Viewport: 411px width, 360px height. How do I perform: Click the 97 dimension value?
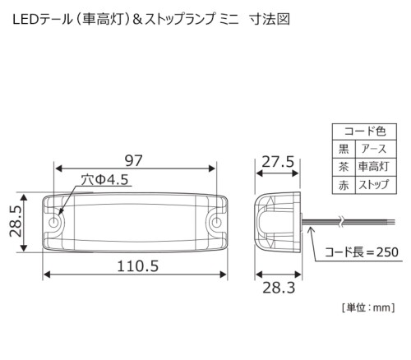[x=134, y=160]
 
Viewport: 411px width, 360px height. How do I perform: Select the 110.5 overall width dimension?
[x=138, y=266]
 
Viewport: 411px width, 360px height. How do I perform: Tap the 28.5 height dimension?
[x=16, y=221]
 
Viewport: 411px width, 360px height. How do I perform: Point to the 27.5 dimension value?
[x=278, y=162]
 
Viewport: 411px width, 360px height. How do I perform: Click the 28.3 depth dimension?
[x=279, y=288]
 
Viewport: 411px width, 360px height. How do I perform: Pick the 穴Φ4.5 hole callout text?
[x=104, y=180]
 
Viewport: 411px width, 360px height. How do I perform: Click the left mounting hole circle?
[x=54, y=222]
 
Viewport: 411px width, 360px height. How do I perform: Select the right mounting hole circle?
[x=216, y=222]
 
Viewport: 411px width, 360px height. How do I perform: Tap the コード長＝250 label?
[x=362, y=252]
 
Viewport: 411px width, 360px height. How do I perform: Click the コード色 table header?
[x=365, y=132]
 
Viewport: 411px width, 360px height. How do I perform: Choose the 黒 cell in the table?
[x=344, y=149]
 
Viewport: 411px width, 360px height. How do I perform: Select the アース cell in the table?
[x=373, y=149]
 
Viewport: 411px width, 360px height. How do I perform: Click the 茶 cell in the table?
[x=344, y=167]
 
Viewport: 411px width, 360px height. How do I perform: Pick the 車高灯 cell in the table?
[x=373, y=167]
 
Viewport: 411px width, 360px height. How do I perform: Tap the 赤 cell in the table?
[x=344, y=186]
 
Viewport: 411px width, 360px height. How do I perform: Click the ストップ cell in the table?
[x=374, y=185]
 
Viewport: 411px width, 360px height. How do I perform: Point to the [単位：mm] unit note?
[x=368, y=307]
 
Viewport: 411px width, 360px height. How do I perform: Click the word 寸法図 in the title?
[x=270, y=19]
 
